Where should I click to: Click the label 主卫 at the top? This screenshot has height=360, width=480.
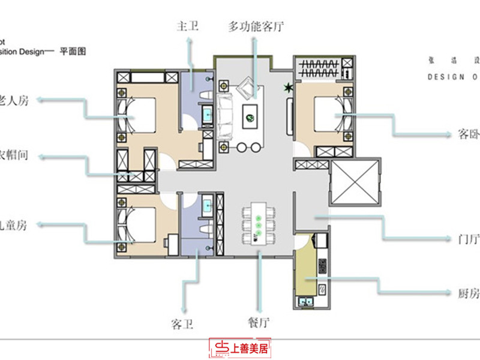187,26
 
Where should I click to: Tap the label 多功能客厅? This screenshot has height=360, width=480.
255,26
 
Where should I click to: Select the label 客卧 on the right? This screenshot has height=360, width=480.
466,135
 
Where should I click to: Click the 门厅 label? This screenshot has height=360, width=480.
466,239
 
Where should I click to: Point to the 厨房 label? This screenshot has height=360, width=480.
466,293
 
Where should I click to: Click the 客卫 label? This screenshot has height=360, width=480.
182,325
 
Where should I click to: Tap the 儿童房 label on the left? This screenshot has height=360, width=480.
13,225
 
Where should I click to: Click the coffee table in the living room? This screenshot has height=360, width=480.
251,112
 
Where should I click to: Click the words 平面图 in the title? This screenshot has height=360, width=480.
73,52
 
